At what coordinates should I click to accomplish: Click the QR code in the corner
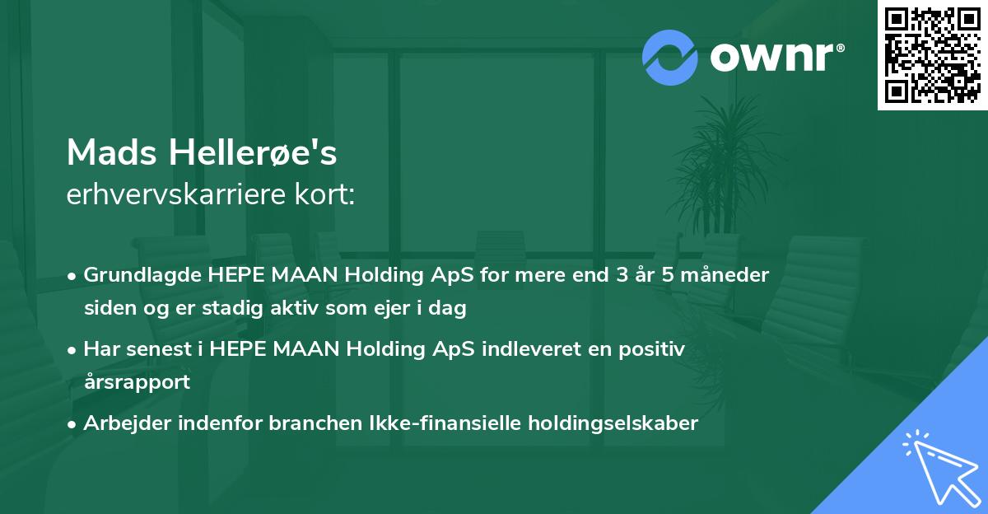tap(933, 54)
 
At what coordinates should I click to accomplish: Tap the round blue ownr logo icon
tap(670, 58)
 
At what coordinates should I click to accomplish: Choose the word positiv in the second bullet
tap(655, 349)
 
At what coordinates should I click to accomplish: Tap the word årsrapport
tap(137, 382)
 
